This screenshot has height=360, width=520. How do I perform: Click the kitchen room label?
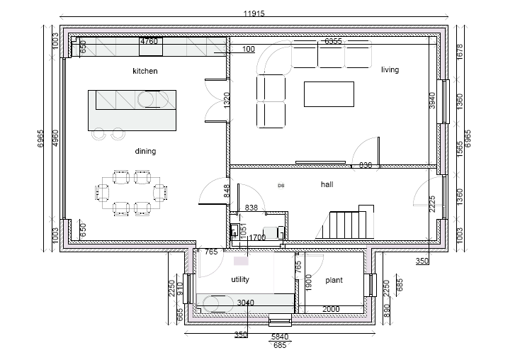point(145,71)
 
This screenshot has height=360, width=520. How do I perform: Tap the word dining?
point(145,151)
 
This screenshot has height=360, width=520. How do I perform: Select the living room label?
point(390,69)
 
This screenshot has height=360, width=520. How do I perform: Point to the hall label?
point(327,184)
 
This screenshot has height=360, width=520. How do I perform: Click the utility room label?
point(240,279)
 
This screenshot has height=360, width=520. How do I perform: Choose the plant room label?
point(334,280)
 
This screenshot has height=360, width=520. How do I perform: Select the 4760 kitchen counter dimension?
point(149,41)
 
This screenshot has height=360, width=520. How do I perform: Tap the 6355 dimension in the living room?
point(333,42)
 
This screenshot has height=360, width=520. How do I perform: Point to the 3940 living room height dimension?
point(432,101)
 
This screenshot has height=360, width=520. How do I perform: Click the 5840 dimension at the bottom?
point(281,337)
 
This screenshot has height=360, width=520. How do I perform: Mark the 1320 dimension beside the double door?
point(227,100)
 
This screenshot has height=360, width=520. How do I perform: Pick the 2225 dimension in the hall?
point(432,204)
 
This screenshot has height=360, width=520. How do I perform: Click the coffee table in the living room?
point(329,94)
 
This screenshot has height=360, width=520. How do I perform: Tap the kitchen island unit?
point(132,110)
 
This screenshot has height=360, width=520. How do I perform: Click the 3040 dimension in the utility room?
point(245,303)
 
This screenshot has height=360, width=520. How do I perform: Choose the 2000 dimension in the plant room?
point(331,309)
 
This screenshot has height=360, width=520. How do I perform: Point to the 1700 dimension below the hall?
point(257,238)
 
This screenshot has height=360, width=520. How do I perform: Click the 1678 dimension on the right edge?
point(459,51)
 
